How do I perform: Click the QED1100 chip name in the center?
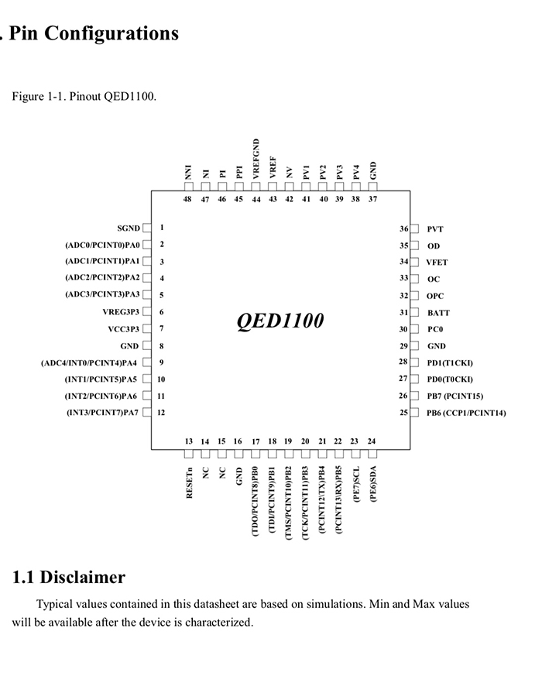click(x=280, y=321)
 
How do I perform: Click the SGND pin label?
click(x=129, y=228)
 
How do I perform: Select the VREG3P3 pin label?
click(x=121, y=311)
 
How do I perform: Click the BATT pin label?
click(x=438, y=313)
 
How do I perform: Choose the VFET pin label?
click(x=437, y=263)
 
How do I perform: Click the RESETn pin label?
click(x=189, y=481)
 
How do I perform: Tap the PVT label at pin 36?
click(x=435, y=229)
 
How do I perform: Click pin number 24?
click(x=372, y=441)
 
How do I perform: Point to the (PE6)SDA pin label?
click(x=372, y=484)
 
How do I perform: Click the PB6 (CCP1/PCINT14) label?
click(x=466, y=413)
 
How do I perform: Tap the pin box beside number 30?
click(x=413, y=329)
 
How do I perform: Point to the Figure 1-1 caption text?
click(x=84, y=98)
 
